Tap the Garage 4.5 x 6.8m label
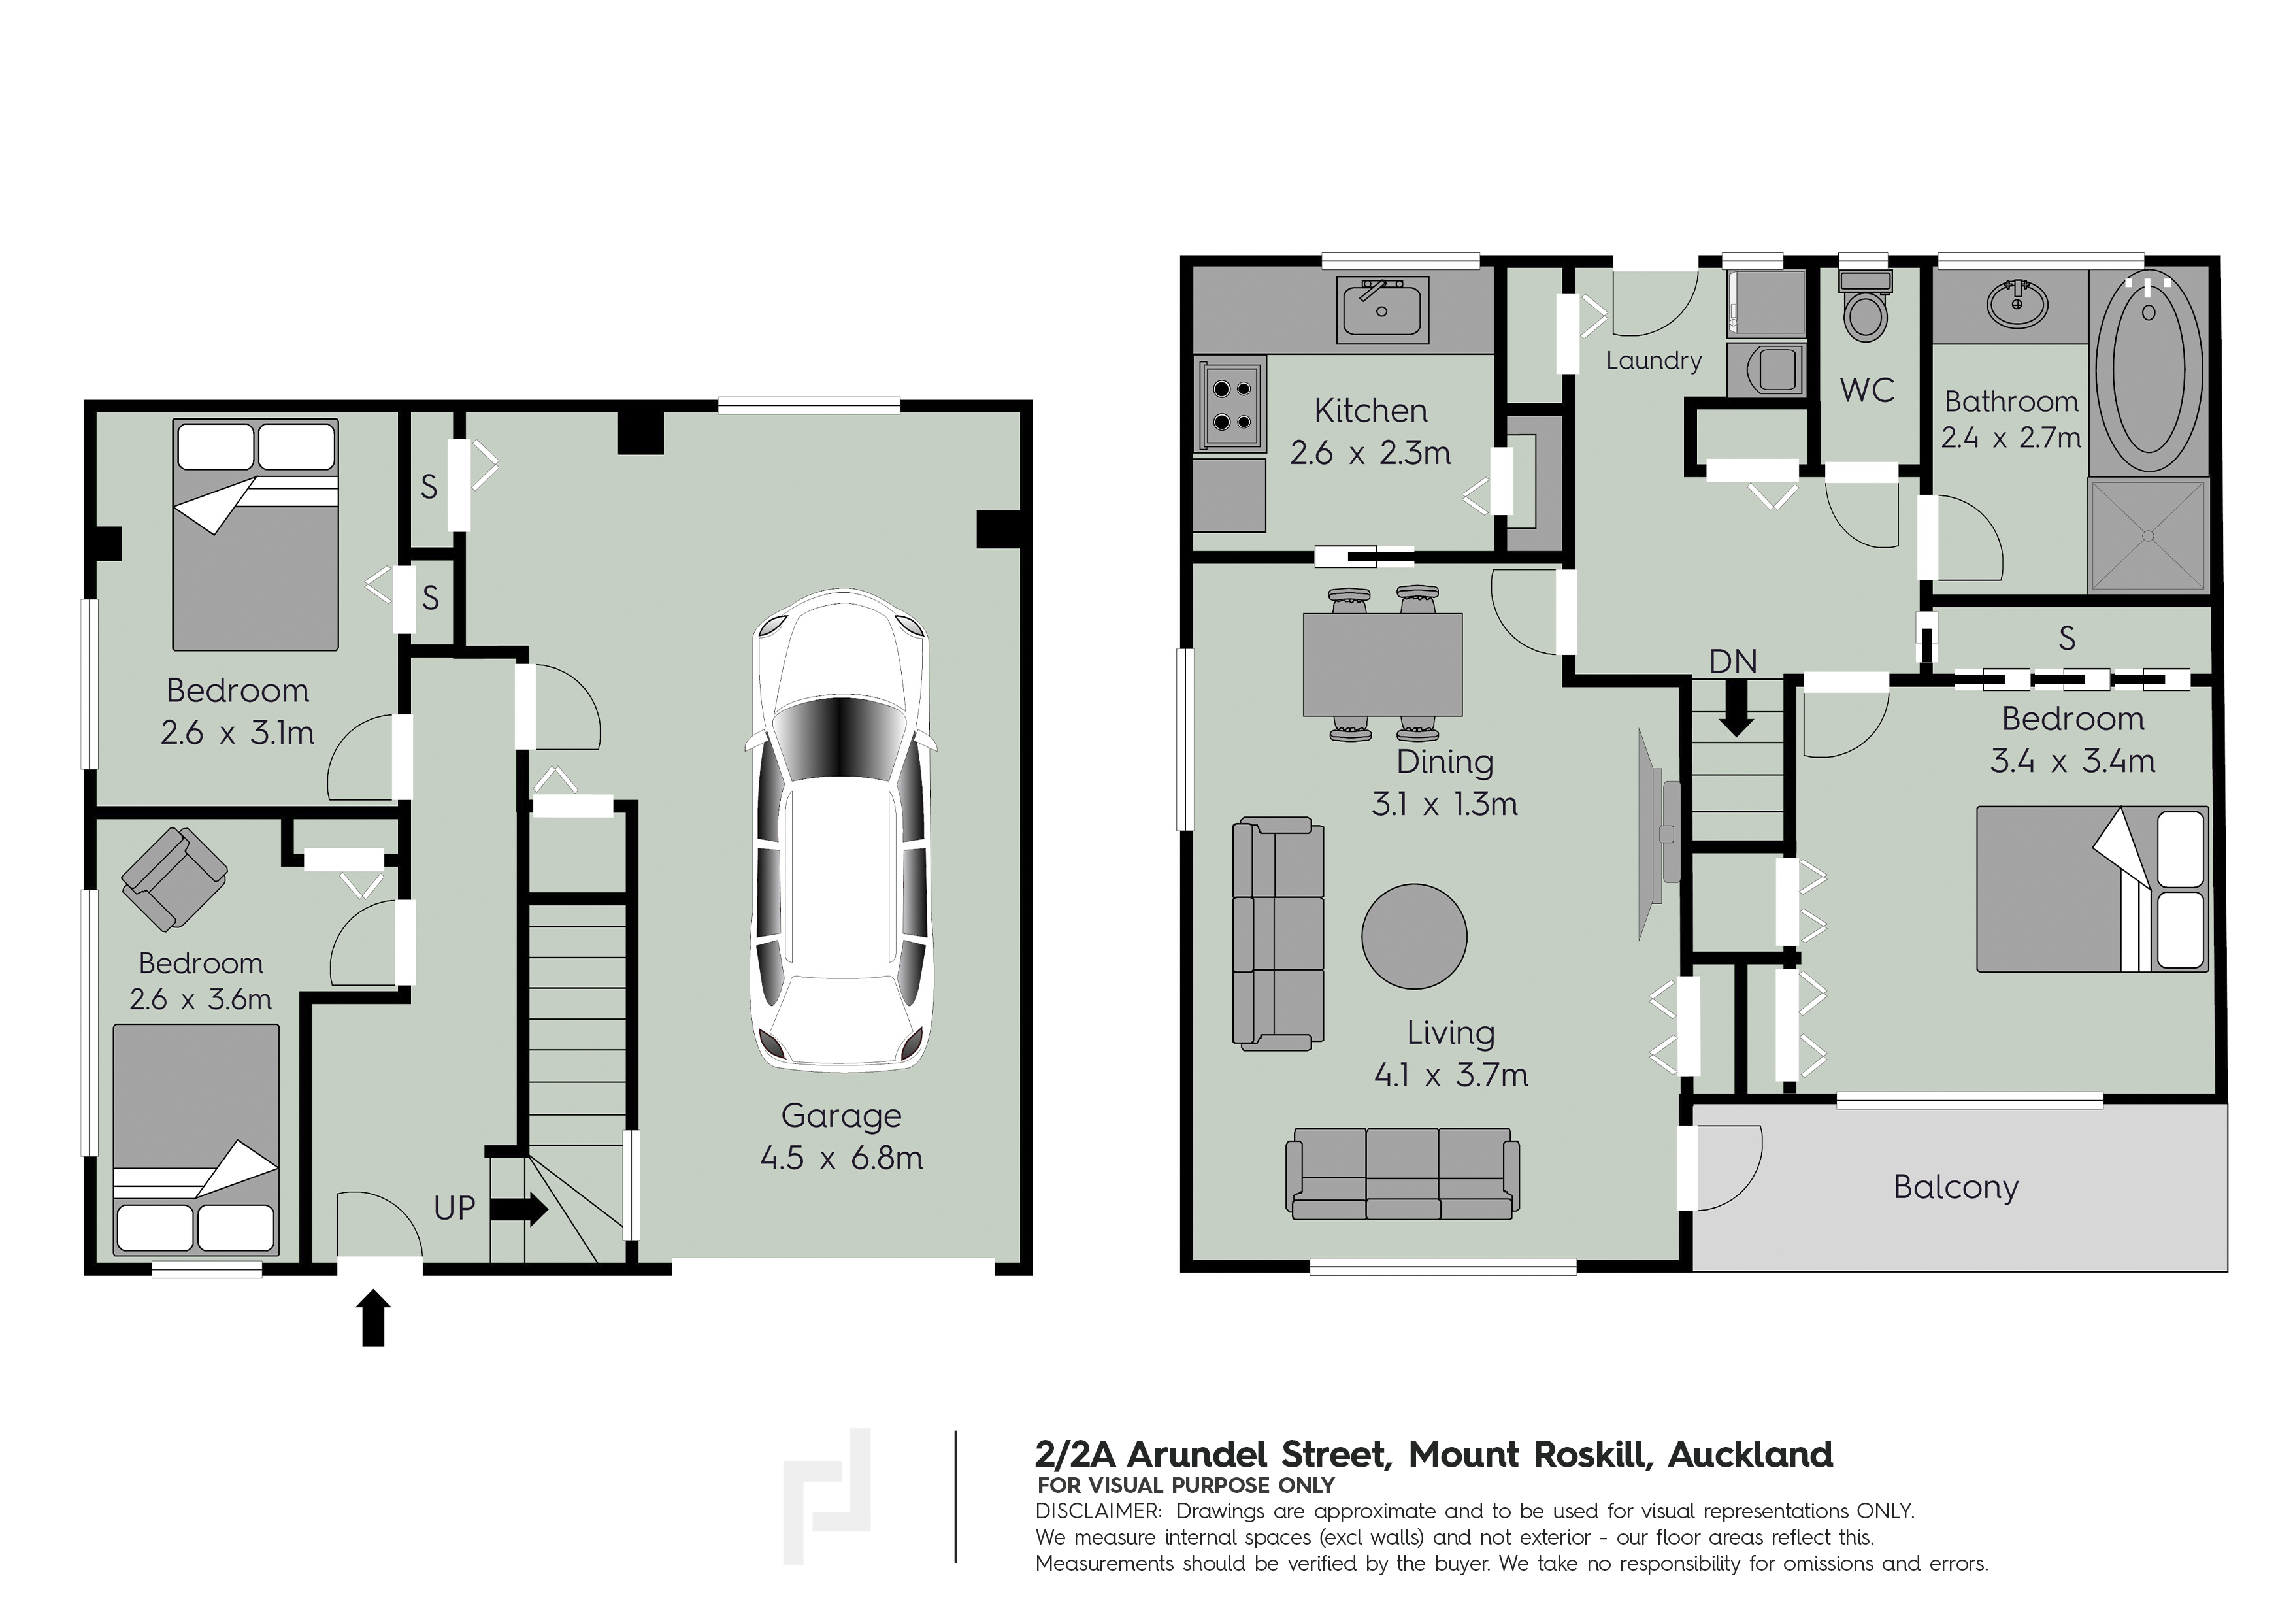(841, 1137)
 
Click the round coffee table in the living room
(1414, 936)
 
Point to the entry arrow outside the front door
(374, 1317)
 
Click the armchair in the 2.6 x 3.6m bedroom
(174, 879)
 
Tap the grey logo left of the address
(827, 1496)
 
